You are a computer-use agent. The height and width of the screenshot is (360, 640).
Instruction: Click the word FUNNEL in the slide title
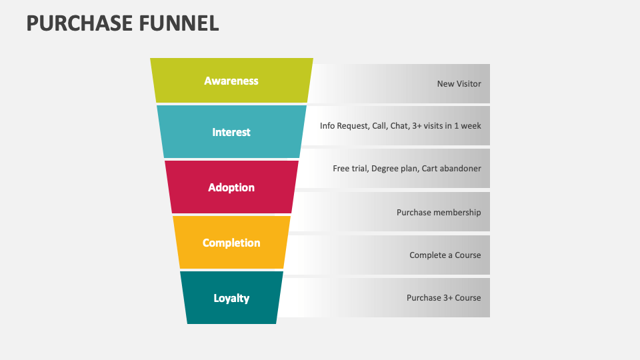(x=179, y=23)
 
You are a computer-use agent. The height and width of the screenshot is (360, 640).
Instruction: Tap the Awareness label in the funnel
(x=231, y=81)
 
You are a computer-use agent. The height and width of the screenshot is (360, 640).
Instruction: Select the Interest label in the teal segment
(x=231, y=132)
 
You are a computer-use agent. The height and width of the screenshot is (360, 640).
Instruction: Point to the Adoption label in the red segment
(x=231, y=187)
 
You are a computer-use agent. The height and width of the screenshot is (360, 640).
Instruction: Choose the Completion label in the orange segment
(x=231, y=243)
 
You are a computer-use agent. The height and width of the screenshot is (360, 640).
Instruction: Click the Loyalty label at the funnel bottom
(x=231, y=298)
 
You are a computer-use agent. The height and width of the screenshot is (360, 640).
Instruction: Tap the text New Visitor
(x=459, y=84)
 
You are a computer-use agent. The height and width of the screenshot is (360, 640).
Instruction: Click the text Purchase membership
(x=439, y=212)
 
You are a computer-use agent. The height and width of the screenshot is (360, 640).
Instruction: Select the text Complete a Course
(x=445, y=255)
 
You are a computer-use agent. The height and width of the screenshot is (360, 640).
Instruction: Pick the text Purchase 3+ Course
(x=443, y=298)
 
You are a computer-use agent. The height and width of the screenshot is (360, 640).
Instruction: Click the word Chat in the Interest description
(x=399, y=125)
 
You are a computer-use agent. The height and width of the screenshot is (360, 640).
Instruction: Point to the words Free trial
(x=349, y=169)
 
